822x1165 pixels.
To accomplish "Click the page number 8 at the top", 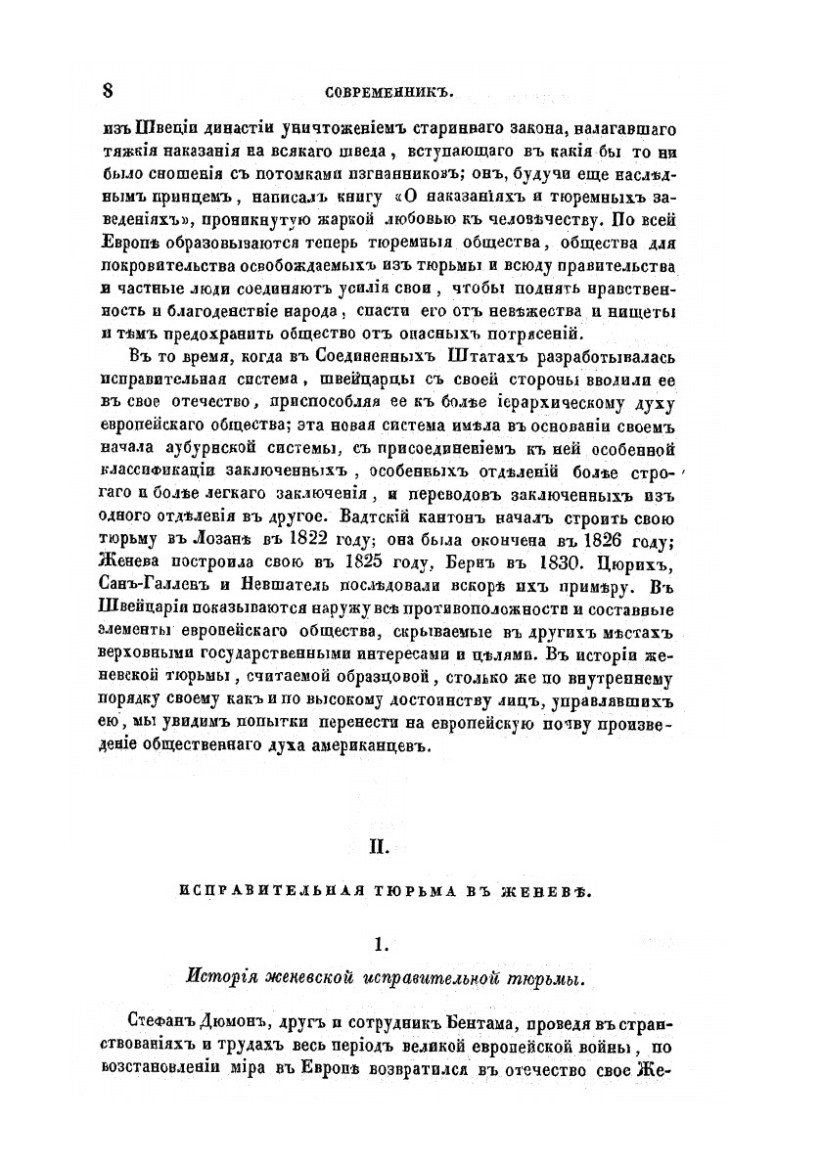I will click(x=109, y=91).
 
